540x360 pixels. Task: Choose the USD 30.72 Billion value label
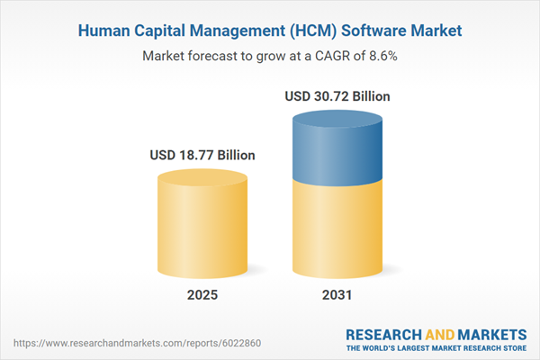[x=337, y=95]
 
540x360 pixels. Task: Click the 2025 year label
[x=202, y=295]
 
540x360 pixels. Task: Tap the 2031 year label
[x=337, y=295]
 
